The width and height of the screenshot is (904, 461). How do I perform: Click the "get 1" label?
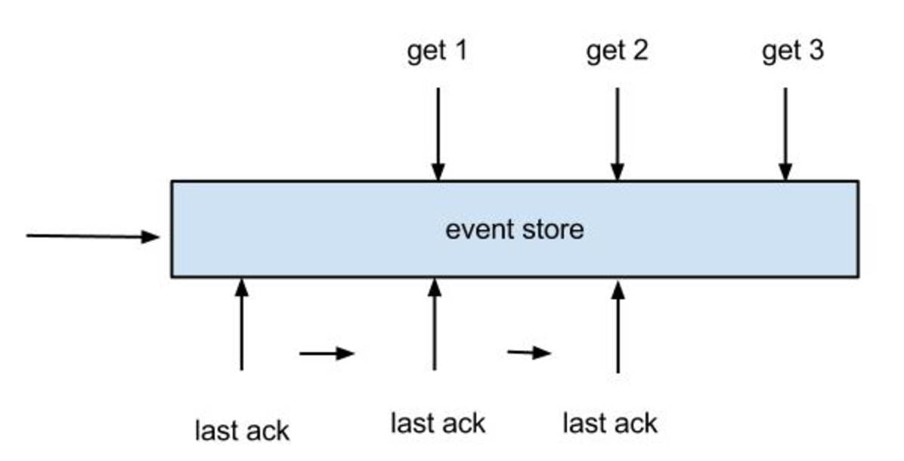coord(437,52)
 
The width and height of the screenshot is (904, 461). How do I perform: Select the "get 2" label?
coord(617,52)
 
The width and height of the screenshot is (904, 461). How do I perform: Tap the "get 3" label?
coord(793,52)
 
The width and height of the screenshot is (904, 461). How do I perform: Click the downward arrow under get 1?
coord(438,135)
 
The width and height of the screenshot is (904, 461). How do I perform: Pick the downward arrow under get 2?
coord(618,135)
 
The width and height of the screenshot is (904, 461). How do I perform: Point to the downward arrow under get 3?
coord(785,135)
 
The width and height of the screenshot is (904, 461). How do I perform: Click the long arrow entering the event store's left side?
coord(92,237)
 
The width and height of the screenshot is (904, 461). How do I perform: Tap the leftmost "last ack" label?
coord(242,431)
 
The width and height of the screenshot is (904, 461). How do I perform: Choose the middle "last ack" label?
coord(438,423)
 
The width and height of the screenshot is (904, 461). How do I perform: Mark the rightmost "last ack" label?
coord(610,423)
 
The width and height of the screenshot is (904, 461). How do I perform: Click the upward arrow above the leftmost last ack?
coord(242,324)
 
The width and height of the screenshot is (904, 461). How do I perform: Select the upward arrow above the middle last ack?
coord(435,324)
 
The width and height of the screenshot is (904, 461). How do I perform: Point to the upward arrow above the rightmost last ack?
coord(618,326)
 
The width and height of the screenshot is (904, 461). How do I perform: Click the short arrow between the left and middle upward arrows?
coord(327,353)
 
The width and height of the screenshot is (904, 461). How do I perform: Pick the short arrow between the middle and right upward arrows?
coord(529,352)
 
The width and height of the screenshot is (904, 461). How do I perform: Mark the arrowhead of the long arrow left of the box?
coord(150,237)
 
